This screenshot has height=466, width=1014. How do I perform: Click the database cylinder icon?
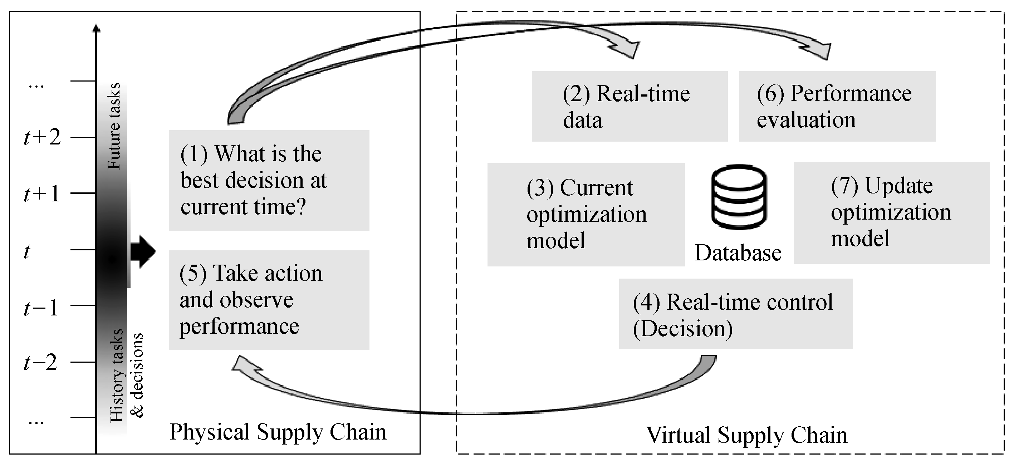pyautogui.click(x=739, y=196)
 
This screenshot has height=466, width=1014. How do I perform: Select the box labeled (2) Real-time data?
pyautogui.click(x=630, y=106)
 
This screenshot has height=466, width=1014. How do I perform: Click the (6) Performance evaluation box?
pyautogui.click(x=837, y=106)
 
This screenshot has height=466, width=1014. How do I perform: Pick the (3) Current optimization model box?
pyautogui.click(x=586, y=215)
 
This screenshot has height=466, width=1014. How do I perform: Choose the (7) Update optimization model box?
pyautogui.click(x=891, y=212)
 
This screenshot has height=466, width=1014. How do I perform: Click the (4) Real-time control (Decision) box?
pyautogui.click(x=735, y=314)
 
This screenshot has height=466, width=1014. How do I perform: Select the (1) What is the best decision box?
pyautogui.click(x=269, y=180)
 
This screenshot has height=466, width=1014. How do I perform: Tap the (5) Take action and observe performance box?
pyautogui.click(x=269, y=300)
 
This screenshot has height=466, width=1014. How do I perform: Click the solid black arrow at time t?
pyautogui.click(x=143, y=251)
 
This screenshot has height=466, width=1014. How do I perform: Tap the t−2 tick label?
pyautogui.click(x=40, y=363)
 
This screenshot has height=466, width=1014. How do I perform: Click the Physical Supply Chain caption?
pyautogui.click(x=278, y=432)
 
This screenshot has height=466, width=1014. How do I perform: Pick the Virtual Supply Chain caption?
pyautogui.click(x=746, y=435)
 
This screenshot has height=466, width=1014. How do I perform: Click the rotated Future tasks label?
pyautogui.click(x=114, y=126)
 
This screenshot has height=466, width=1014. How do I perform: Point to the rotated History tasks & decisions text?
pyautogui.click(x=126, y=376)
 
